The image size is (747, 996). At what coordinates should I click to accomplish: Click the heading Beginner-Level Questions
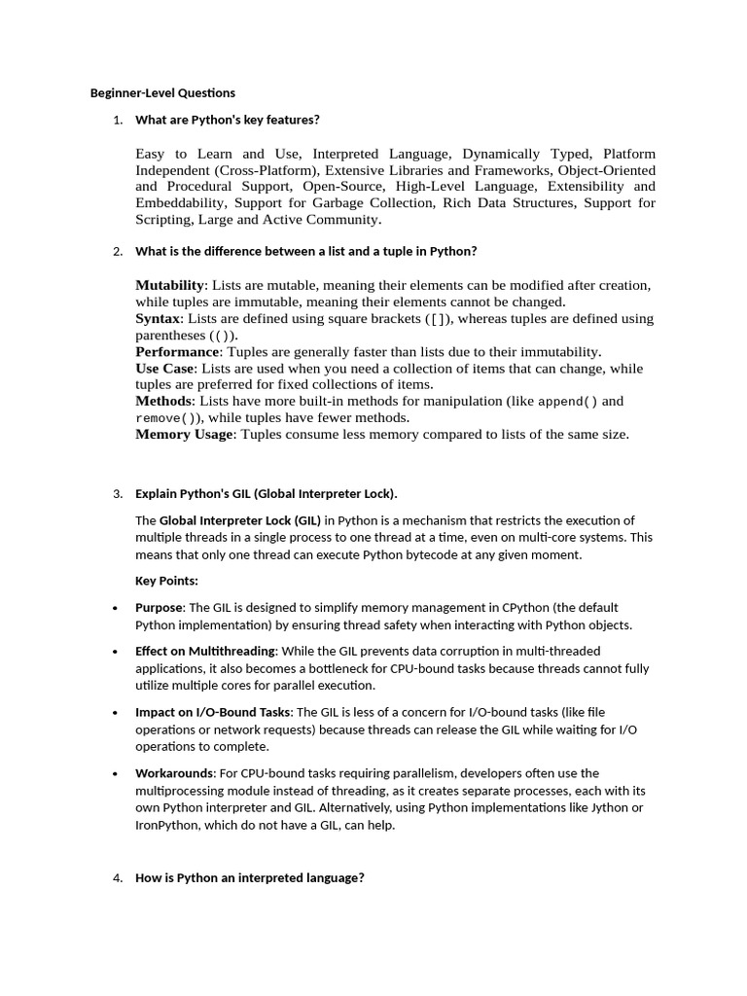click(x=162, y=93)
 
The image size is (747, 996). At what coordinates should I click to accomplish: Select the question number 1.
click(x=117, y=120)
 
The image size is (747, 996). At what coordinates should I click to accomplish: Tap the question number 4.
click(x=117, y=877)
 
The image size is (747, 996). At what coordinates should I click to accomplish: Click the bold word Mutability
click(x=170, y=285)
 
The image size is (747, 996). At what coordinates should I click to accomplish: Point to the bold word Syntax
click(x=158, y=318)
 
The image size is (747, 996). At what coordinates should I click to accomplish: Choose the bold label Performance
click(x=177, y=351)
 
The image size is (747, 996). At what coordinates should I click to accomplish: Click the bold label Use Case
click(x=164, y=369)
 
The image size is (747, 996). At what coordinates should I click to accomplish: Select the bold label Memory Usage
click(x=184, y=434)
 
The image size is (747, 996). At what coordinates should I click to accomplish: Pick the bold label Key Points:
click(x=166, y=581)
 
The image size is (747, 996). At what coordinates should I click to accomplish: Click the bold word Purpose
click(x=159, y=607)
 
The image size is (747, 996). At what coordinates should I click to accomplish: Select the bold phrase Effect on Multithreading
click(x=205, y=651)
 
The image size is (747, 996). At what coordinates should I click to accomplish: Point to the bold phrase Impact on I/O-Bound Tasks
click(x=213, y=712)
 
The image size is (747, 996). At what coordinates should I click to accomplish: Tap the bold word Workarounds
click(x=174, y=773)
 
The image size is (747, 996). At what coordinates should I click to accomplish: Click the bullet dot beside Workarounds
click(x=117, y=773)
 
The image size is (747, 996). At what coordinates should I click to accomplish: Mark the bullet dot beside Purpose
click(x=117, y=607)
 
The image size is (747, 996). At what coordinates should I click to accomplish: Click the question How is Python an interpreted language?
click(x=250, y=877)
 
